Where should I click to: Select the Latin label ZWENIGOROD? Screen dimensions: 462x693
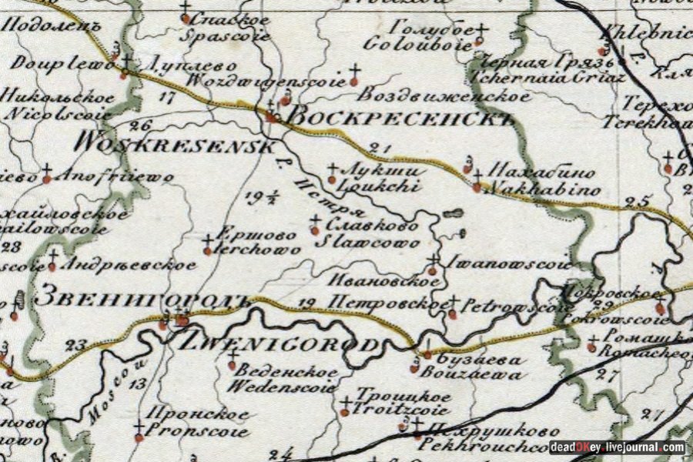[280, 343]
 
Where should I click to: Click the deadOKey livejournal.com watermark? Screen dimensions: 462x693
[617, 447]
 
